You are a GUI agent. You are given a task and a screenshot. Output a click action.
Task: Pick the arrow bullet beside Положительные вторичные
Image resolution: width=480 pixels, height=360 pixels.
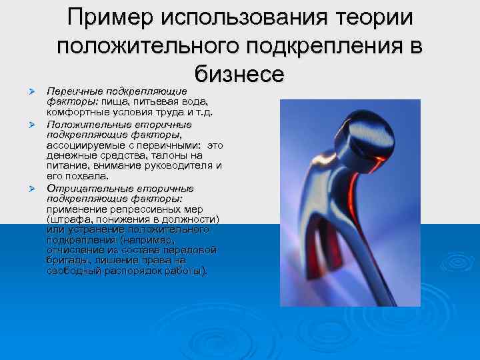point(30,125)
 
